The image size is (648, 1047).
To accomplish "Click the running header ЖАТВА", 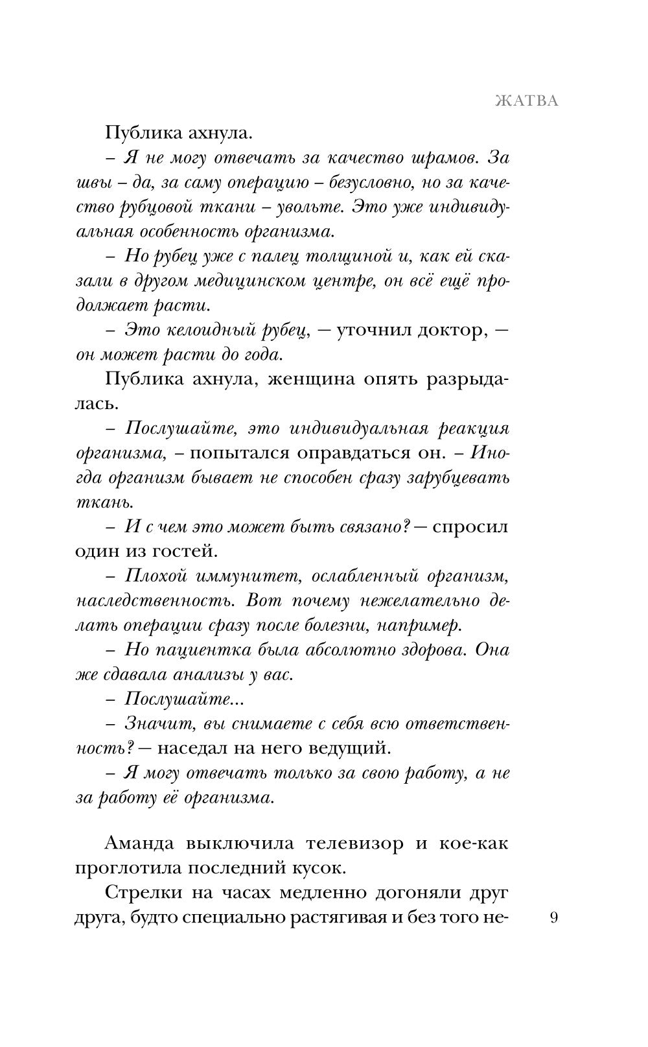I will pos(526,102).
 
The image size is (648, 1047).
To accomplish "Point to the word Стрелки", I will pos(138,893).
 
